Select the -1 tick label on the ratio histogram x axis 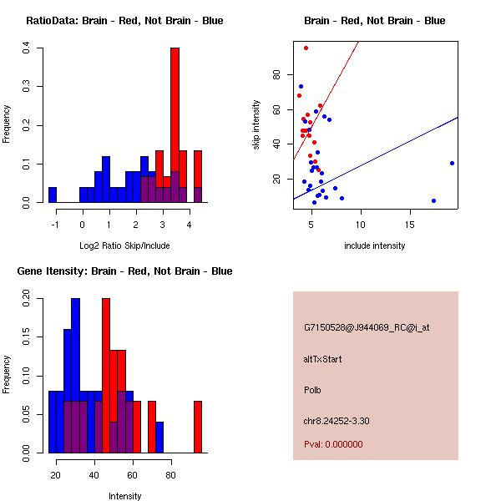pos(55,224)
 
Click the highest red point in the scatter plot pos(306,48)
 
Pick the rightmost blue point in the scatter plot pos(452,163)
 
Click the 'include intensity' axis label pos(375,245)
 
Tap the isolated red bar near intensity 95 pos(198,427)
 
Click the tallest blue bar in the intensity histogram pos(75,376)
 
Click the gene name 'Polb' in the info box pos(312,390)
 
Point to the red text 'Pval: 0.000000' pos(333,444)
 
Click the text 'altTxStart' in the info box pos(322,359)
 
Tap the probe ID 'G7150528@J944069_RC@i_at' pos(366,328)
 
